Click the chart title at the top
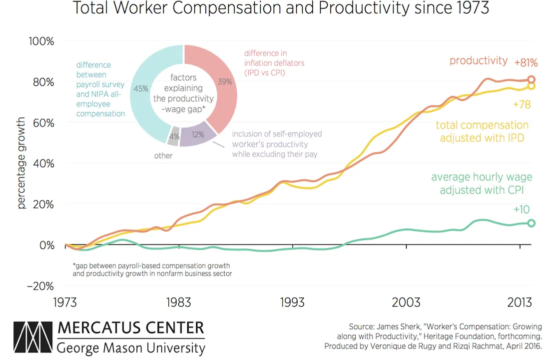point(281,7)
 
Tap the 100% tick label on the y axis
point(41,41)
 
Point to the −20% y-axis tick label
point(40,286)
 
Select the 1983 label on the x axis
point(178,302)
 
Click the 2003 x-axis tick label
point(406,302)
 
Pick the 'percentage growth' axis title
point(21,162)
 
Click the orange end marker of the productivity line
point(531,79)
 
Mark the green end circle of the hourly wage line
point(531,223)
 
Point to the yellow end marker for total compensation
point(531,86)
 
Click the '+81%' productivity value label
point(526,62)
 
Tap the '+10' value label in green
point(522,209)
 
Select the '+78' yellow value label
point(522,104)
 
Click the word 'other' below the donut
point(163,155)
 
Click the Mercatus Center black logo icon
point(33,337)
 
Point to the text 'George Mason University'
point(131,348)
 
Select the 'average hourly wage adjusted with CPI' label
point(482,183)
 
